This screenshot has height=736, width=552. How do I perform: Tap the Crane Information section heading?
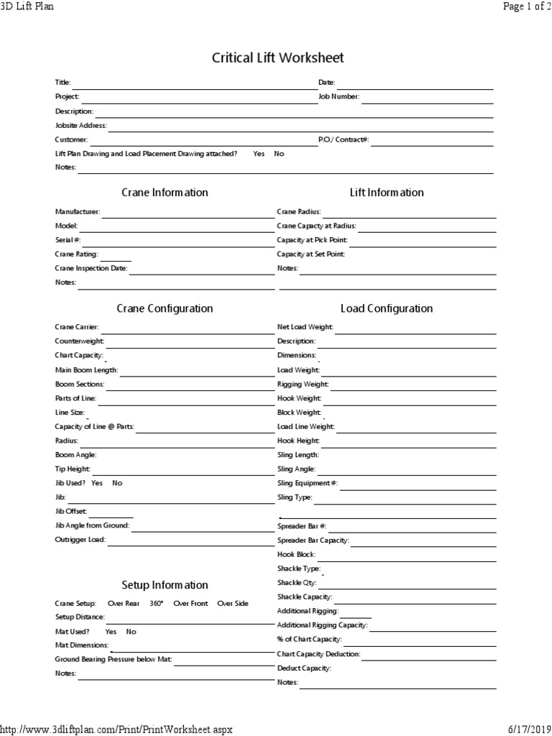(x=165, y=193)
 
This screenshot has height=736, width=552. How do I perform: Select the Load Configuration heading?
(x=386, y=308)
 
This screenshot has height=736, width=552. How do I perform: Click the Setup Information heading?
(x=165, y=585)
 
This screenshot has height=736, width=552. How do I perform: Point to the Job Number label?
(x=339, y=96)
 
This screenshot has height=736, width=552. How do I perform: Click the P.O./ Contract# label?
(x=344, y=139)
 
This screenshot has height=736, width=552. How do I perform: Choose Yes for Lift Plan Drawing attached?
(x=259, y=154)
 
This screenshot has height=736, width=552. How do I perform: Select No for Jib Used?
(x=117, y=483)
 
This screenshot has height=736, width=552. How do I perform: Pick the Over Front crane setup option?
(x=190, y=604)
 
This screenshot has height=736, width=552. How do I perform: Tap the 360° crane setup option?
(x=156, y=604)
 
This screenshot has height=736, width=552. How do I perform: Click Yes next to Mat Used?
(x=111, y=632)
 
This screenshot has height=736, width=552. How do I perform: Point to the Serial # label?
(x=68, y=239)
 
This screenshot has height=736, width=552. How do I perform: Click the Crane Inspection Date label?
(x=91, y=268)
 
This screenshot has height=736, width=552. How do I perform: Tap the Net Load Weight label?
(x=305, y=327)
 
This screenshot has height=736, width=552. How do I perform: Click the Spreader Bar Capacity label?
(x=313, y=540)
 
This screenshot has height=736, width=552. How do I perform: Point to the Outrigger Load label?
(x=80, y=540)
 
